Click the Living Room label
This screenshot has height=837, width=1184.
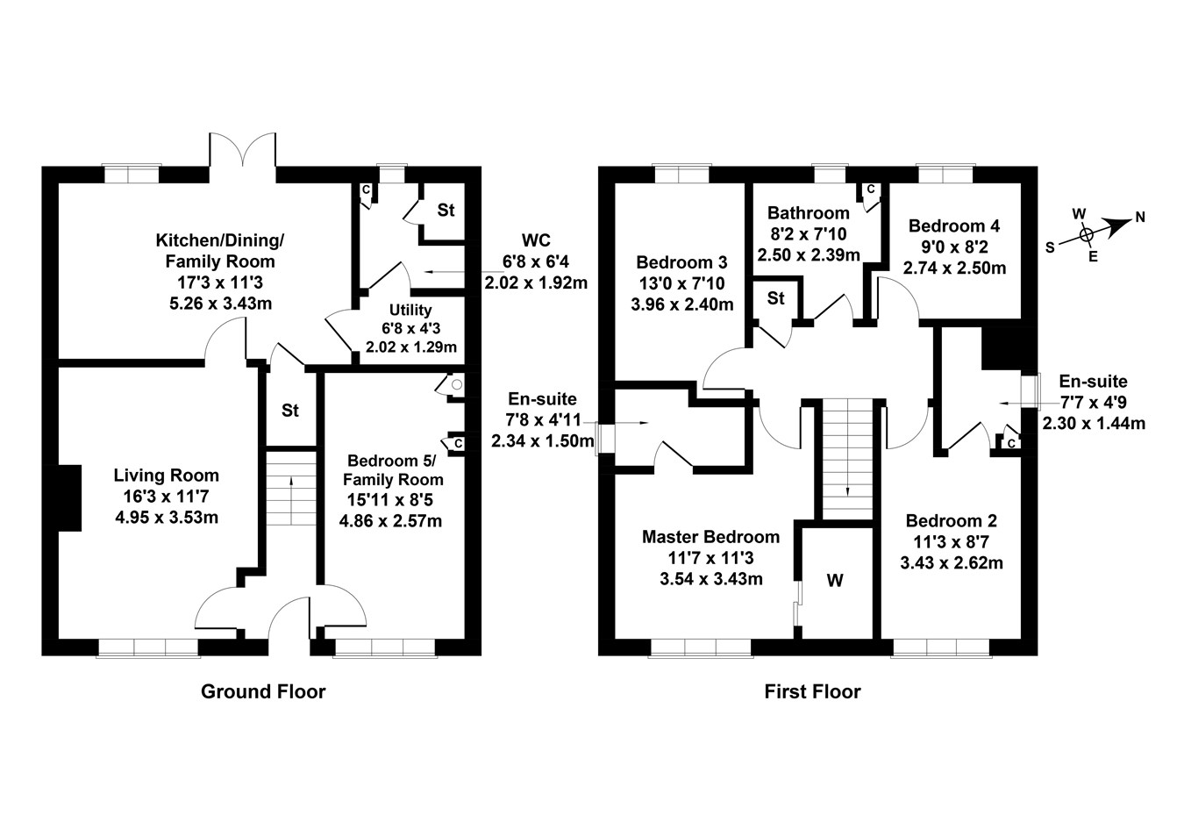pos(166,476)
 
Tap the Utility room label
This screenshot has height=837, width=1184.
pos(410,310)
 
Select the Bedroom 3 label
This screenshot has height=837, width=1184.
pos(681,262)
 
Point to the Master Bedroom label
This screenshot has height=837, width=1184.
pos(710,537)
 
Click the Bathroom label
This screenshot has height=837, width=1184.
pos(808,212)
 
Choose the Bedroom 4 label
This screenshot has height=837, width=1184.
pos(953,225)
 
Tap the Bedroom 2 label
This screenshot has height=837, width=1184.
pos(951,520)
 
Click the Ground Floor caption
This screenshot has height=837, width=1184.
pos(263,691)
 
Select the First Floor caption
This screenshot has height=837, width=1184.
pos(812,691)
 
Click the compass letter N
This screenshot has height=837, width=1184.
pos(1139,217)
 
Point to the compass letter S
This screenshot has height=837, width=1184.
pos(1050,247)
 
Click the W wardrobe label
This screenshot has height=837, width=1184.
pos(835,581)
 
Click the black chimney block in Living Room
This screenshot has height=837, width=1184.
pos(68,497)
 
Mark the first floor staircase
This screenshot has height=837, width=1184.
pos(848,458)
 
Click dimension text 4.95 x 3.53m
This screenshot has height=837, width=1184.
pos(166,518)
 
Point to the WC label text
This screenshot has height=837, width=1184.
pos(535,240)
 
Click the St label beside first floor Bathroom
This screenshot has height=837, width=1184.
pos(775,298)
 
